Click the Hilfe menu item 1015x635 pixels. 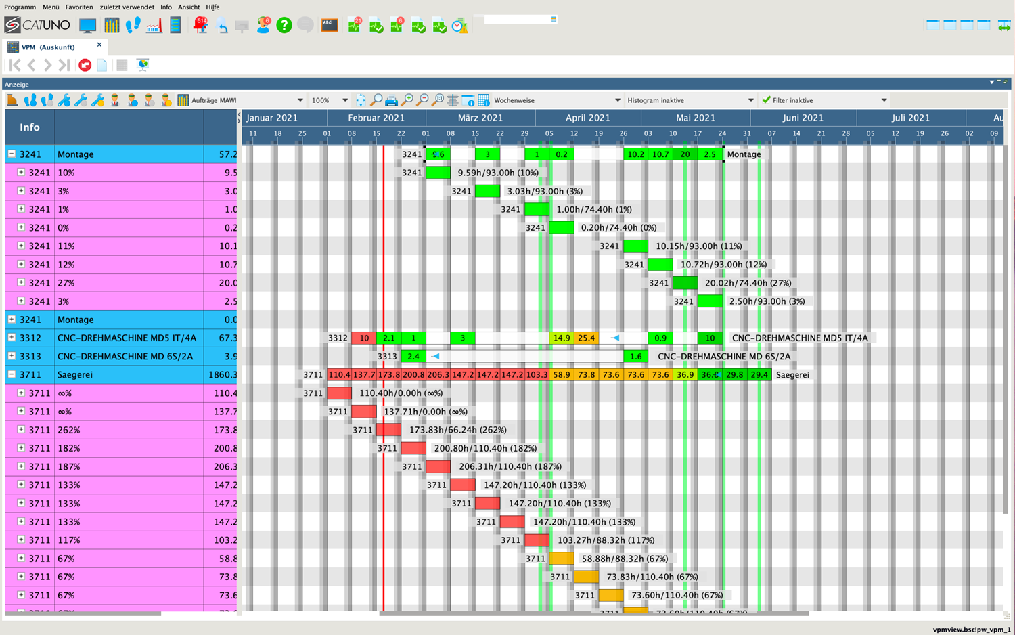[212, 7]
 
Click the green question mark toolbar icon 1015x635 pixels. [284, 26]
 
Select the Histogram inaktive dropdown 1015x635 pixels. [690, 100]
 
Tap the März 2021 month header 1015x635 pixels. [480, 118]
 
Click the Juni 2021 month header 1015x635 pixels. [803, 118]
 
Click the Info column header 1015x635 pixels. [30, 127]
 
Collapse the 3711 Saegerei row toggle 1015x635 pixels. [12, 374]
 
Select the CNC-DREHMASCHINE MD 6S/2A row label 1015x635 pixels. [125, 356]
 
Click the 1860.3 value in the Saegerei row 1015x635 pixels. [223, 374]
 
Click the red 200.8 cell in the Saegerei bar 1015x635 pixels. [413, 374]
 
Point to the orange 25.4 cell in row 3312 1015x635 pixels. [586, 338]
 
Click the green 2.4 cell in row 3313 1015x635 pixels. [413, 356]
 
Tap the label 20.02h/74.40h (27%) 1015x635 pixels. [748, 283]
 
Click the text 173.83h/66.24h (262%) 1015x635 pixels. [458, 430]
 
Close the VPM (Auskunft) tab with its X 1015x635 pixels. [99, 45]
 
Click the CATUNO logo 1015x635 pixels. [37, 26]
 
